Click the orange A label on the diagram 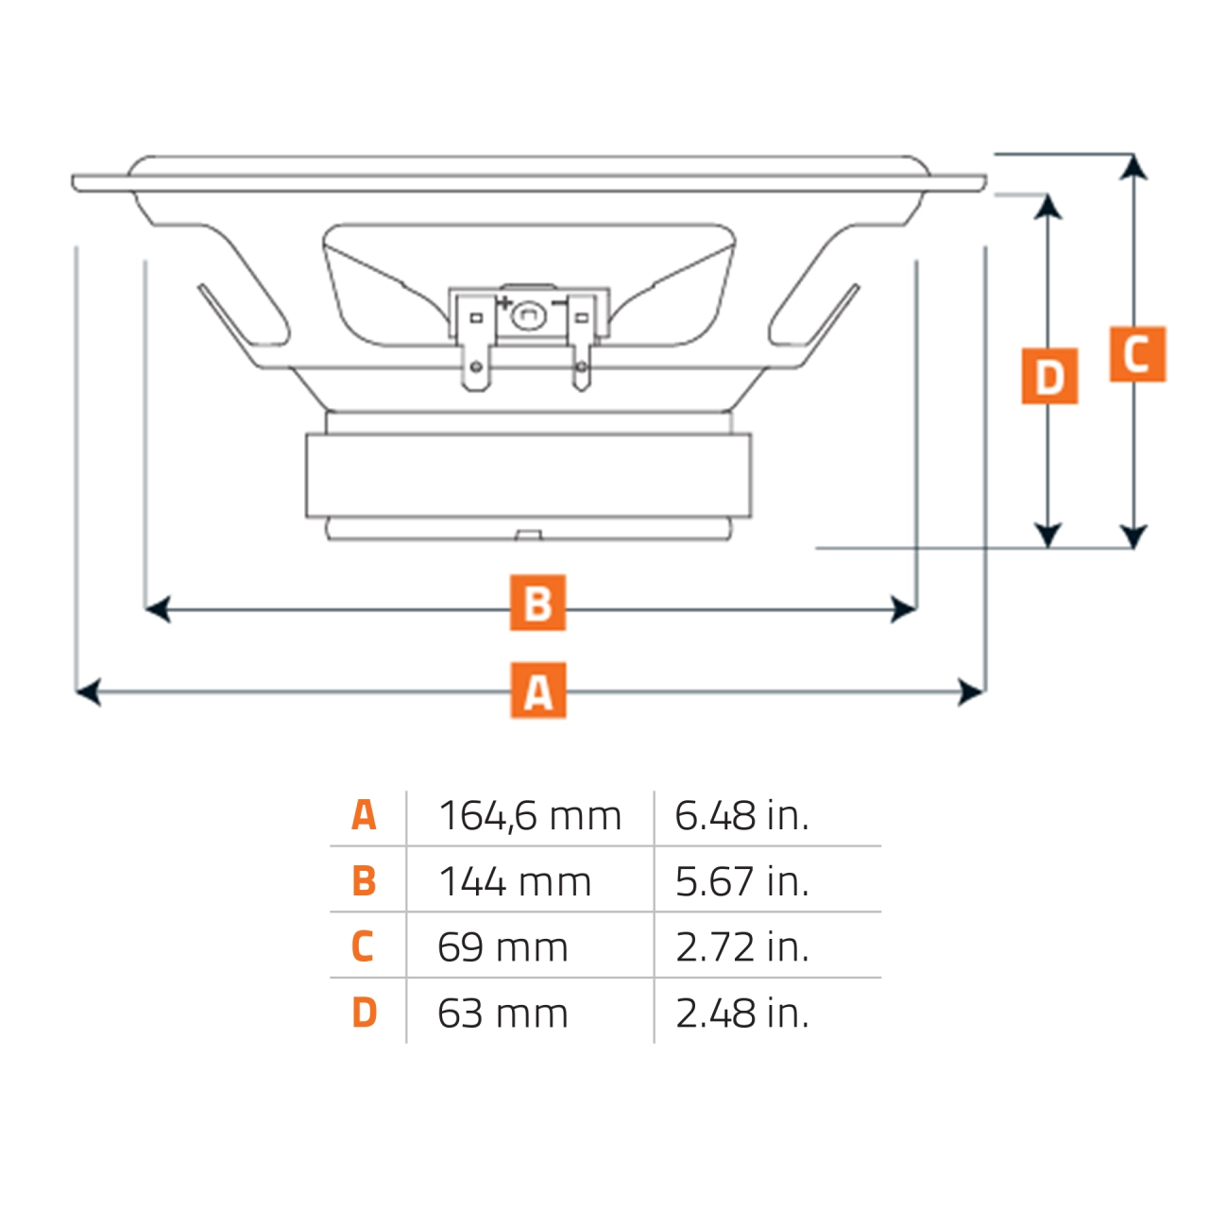coord(538,690)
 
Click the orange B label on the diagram coord(537,603)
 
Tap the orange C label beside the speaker coord(1137,354)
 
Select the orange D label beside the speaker coord(1049,376)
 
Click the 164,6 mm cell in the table coord(530,816)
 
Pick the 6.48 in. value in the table coord(741,816)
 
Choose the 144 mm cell coord(515,882)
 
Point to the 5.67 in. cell coord(741,882)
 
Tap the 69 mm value coord(502,947)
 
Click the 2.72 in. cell coord(741,947)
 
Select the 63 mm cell coord(502,1013)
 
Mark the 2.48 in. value coord(741,1013)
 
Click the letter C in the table coord(363,946)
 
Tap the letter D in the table coord(364,1013)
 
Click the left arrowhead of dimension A coord(88,692)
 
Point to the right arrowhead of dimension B coord(904,609)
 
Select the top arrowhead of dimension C coord(1133,168)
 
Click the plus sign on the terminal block coord(504,303)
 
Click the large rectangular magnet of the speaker coord(528,475)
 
